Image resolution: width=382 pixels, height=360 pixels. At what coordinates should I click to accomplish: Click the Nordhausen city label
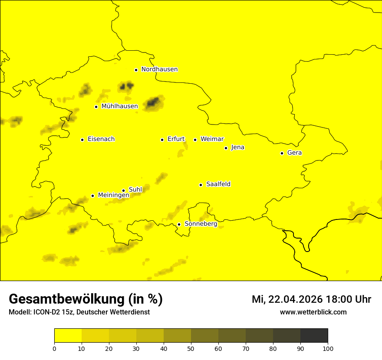[x=159, y=69]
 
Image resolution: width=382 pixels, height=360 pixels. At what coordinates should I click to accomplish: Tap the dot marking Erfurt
[x=162, y=140]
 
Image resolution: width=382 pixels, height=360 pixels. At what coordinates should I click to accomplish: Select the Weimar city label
[x=212, y=139]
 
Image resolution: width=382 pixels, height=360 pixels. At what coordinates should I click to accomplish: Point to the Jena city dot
[x=226, y=148]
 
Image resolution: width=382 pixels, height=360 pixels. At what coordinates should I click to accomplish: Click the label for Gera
[x=294, y=153]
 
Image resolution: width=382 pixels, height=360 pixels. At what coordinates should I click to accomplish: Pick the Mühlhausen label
[x=119, y=106]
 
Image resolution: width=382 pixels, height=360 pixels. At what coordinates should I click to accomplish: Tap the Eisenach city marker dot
[x=82, y=140]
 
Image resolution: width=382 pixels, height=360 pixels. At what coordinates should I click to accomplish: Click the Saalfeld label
[x=218, y=184]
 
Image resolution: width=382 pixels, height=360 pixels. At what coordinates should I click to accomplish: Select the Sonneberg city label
[x=201, y=224]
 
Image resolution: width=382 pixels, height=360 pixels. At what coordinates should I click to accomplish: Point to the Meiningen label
[x=113, y=195]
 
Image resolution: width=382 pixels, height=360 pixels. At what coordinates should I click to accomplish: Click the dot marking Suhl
[x=123, y=190]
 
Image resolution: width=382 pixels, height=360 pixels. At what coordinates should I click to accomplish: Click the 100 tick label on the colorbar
[x=328, y=348]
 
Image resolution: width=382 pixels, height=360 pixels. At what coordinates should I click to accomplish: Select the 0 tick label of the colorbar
[x=54, y=348]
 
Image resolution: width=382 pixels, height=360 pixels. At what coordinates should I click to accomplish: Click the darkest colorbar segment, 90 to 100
[x=314, y=336]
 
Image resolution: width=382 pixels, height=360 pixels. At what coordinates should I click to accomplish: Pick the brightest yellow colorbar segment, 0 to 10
[x=68, y=336]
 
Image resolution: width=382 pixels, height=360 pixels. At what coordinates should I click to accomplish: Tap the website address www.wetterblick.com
[x=313, y=312]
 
